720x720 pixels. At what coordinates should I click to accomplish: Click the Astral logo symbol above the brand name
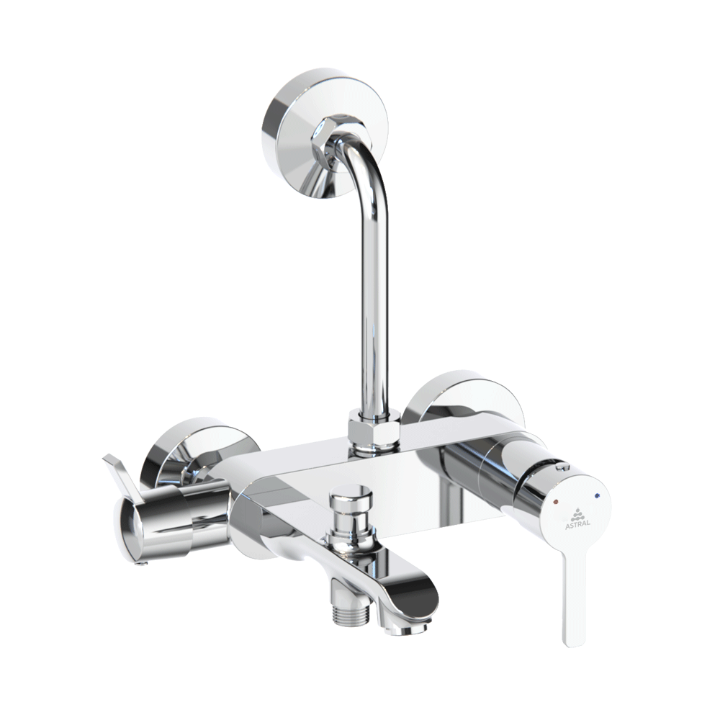pos(579,511)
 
